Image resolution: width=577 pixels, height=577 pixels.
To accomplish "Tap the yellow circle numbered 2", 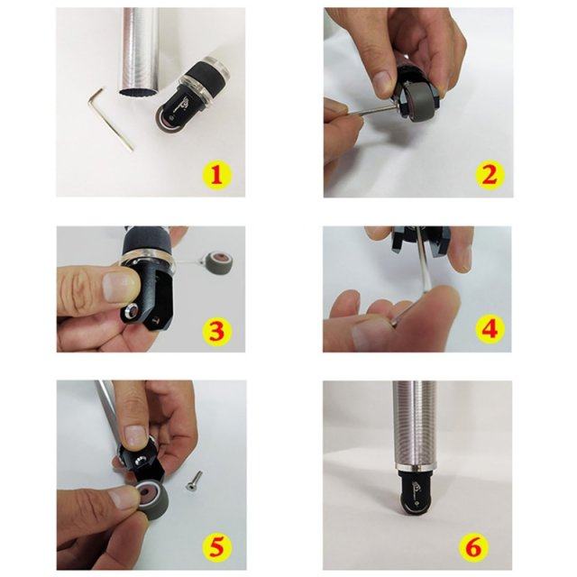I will pyautogui.click(x=488, y=173).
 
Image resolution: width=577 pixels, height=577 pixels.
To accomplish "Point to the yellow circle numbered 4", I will pyautogui.click(x=488, y=328).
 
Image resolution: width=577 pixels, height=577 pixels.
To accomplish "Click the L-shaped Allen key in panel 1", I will pyautogui.click(x=113, y=117).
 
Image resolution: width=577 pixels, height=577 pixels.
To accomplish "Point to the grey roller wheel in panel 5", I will pyautogui.click(x=146, y=498).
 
